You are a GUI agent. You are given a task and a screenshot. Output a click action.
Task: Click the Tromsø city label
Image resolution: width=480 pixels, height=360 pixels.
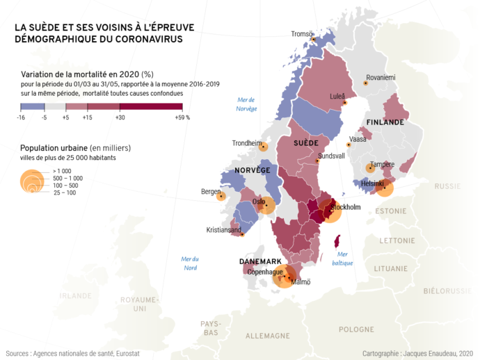tap(302, 33)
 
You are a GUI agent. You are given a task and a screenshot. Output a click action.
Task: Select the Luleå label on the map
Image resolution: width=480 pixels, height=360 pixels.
tap(337, 97)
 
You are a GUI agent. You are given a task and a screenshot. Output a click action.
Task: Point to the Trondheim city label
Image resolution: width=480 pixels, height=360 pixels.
tap(246, 143)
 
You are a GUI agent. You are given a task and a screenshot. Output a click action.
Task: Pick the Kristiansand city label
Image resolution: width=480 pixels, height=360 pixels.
tap(224, 230)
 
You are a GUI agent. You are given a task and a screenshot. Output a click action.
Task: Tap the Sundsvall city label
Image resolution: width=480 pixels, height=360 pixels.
tap(331, 156)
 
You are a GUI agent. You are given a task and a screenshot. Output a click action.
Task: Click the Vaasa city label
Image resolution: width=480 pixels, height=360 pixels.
tap(358, 139)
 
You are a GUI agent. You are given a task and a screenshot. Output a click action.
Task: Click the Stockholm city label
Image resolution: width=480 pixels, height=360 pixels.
tap(345, 207)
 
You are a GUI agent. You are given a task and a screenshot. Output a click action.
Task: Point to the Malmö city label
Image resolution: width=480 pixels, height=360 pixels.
tap(301, 281)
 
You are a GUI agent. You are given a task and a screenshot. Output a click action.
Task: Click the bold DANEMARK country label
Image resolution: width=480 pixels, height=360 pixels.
tap(260, 261)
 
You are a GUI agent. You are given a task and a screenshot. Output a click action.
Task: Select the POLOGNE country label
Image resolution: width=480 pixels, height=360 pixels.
tap(356, 329)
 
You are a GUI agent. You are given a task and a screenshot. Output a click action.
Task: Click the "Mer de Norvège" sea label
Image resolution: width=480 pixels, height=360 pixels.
tap(247, 104)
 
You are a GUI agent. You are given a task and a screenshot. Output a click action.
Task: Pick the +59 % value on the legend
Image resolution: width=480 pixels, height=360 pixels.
tap(183, 117)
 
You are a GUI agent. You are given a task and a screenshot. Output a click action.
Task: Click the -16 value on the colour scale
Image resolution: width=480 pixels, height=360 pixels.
tap(22, 117)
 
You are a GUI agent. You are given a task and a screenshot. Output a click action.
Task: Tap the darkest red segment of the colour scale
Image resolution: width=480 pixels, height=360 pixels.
tap(151, 107)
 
